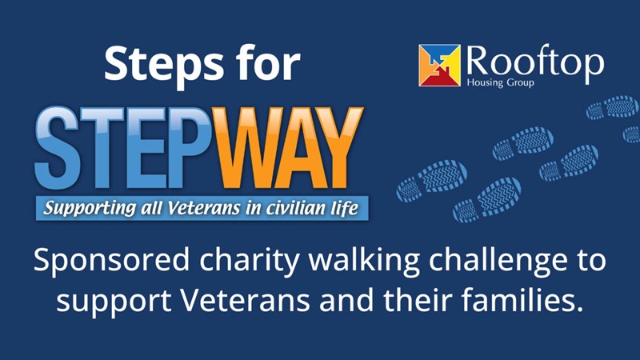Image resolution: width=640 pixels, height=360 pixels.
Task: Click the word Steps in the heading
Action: [x=164, y=65]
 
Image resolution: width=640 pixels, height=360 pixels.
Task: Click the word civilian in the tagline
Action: [x=296, y=208]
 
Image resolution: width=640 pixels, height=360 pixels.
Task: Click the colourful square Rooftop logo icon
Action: [x=439, y=66]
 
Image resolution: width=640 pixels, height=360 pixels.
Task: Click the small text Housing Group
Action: [x=501, y=82]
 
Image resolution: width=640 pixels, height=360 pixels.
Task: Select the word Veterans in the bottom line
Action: [x=245, y=300]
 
